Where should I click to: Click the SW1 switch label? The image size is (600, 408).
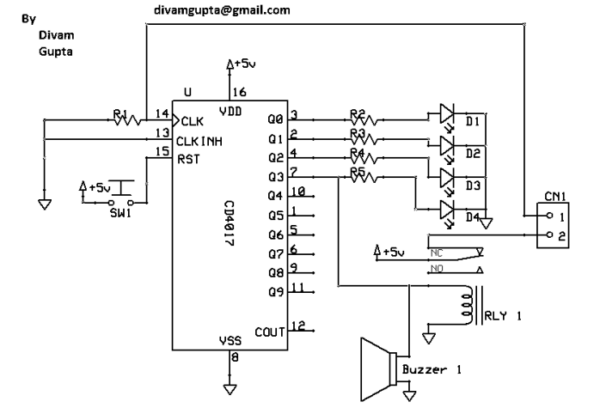tap(120, 213)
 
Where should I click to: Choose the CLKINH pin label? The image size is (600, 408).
tap(201, 141)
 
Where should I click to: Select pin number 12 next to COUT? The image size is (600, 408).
tap(298, 326)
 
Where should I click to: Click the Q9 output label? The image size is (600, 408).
tap(276, 291)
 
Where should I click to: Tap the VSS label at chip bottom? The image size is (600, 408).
tap(230, 341)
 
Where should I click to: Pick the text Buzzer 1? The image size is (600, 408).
tap(432, 370)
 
